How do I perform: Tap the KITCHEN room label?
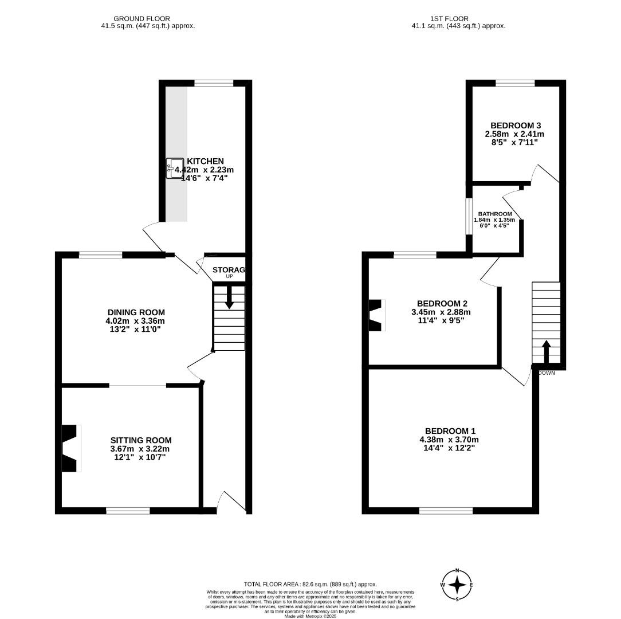(205, 161)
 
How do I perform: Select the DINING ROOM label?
(135, 312)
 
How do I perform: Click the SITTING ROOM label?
(141, 440)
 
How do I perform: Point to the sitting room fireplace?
(70, 448)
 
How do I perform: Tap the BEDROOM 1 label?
(450, 431)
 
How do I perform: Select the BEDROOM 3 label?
(516, 126)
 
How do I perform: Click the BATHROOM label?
(495, 214)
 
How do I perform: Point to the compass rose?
(457, 585)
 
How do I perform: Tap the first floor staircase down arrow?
(545, 351)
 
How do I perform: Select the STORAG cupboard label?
(229, 270)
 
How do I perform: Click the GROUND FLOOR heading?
(142, 19)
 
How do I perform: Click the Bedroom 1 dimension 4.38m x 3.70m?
(450, 440)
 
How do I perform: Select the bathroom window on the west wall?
(468, 217)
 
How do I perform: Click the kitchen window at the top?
(214, 84)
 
